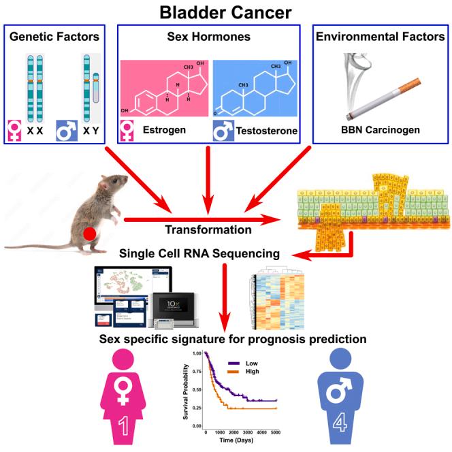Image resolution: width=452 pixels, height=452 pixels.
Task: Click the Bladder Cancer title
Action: [x=226, y=12]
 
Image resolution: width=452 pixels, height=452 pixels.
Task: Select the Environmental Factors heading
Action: [x=380, y=37]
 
